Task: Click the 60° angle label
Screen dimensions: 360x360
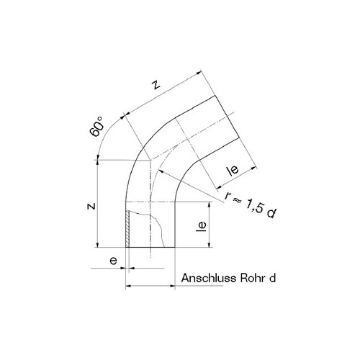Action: coord(96,127)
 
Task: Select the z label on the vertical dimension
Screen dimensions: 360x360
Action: coord(91,206)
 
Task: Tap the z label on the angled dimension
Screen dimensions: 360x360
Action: coord(156,85)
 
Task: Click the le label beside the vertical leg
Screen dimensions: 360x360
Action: coord(201,226)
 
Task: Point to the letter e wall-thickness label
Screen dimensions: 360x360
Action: coord(113,261)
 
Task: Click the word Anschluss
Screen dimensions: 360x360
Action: coord(208,278)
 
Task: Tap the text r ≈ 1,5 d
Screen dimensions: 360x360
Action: coord(251,205)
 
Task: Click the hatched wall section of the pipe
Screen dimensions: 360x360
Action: coord(127,229)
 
